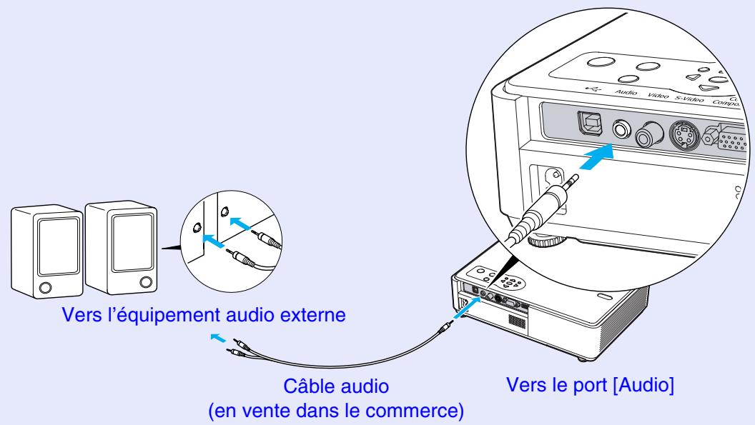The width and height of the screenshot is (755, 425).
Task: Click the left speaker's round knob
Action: point(45,288)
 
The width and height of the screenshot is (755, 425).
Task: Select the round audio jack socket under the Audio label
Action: point(620,129)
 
